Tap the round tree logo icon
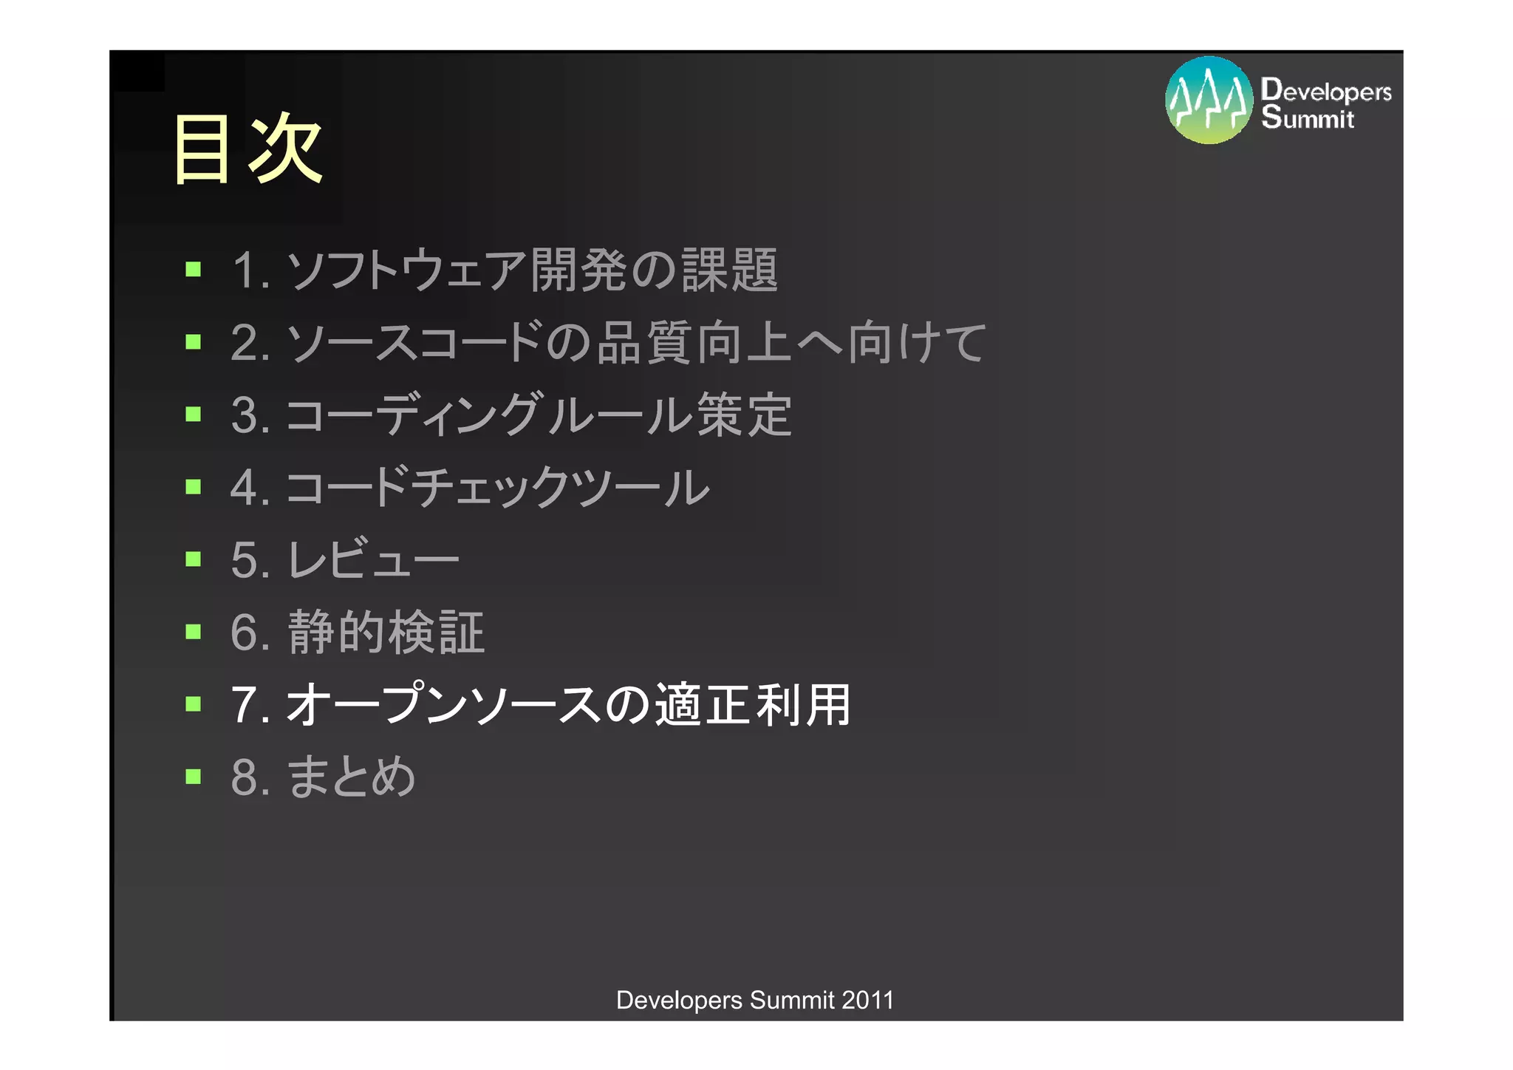tap(1209, 100)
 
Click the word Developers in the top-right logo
tap(1326, 91)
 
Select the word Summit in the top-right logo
tap(1308, 117)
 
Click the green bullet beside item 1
tap(194, 269)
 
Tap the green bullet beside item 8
tap(194, 776)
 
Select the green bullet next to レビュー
tap(194, 559)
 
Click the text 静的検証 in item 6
tap(386, 633)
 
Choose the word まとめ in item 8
tap(351, 777)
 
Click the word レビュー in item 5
tap(373, 559)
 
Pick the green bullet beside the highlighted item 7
tap(194, 703)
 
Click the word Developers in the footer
tap(679, 1000)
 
